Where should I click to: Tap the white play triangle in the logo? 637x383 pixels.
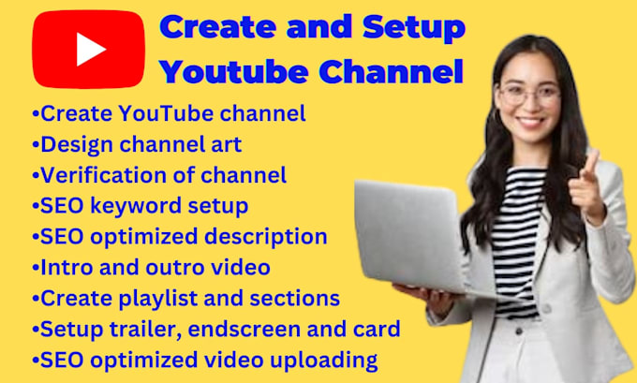coord(91,49)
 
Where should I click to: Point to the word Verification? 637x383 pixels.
coord(101,174)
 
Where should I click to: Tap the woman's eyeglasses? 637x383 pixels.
coord(529,93)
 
